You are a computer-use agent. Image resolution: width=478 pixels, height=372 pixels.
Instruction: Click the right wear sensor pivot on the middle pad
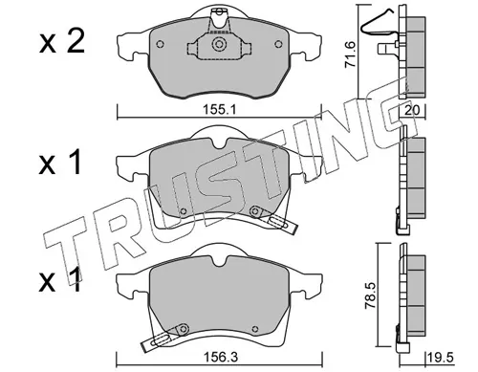pos(253,212)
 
